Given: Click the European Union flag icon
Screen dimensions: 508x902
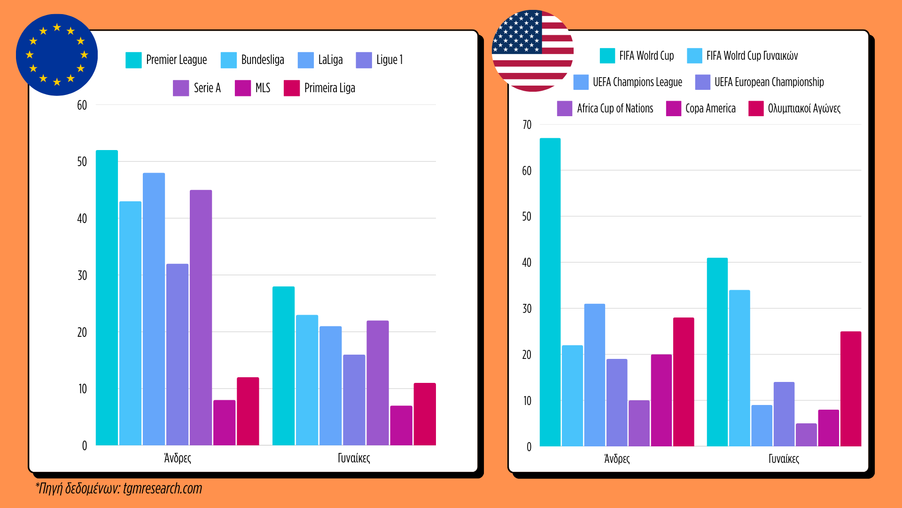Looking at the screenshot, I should (x=57, y=55).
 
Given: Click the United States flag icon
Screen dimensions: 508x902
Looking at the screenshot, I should (x=532, y=51).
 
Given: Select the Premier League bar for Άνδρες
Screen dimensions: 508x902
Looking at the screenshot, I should (x=107, y=297).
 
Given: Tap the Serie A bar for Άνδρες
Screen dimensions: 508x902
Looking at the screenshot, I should (x=201, y=317).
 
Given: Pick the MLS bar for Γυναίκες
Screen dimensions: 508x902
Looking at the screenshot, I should (x=401, y=425).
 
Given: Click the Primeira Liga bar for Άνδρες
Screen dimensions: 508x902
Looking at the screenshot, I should (x=248, y=411).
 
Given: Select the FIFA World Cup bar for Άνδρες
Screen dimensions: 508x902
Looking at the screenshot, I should (x=550, y=292).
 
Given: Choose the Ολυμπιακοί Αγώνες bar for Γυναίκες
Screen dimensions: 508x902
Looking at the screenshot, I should (x=850, y=389).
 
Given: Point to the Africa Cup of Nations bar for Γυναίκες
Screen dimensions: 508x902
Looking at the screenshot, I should (x=806, y=435).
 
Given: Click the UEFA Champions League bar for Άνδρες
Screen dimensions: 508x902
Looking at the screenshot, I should (x=594, y=375).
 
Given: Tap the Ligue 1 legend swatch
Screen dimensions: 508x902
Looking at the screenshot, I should (x=364, y=60).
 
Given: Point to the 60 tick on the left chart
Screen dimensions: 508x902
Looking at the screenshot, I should (x=82, y=105).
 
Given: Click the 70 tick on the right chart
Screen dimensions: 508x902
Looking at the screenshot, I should (x=527, y=125).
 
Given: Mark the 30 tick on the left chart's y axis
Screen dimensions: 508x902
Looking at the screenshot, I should (x=82, y=275).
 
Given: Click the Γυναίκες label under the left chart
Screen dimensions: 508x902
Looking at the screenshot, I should (x=354, y=458).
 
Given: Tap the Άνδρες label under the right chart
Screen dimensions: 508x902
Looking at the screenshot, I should (x=616, y=459).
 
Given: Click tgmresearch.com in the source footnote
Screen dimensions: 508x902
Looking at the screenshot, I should (x=163, y=488).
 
